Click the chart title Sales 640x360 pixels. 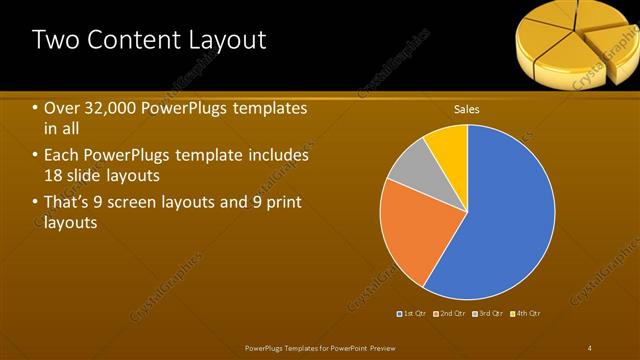pyautogui.click(x=466, y=108)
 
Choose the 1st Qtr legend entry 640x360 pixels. pyautogui.click(x=414, y=313)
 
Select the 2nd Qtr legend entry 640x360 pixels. pyautogui.click(x=452, y=313)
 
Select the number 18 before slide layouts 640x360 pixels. pyautogui.click(x=55, y=176)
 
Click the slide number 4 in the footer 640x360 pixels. pyautogui.click(x=590, y=347)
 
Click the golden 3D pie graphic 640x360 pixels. pyautogui.click(x=575, y=40)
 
